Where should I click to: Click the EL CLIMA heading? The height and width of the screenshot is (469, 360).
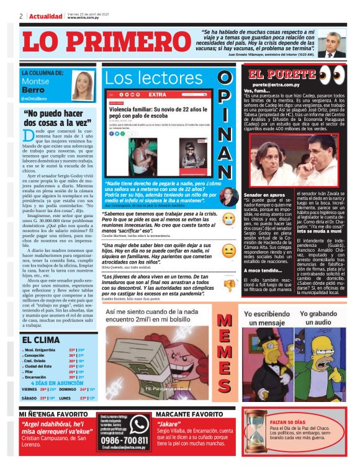point(42,340)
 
